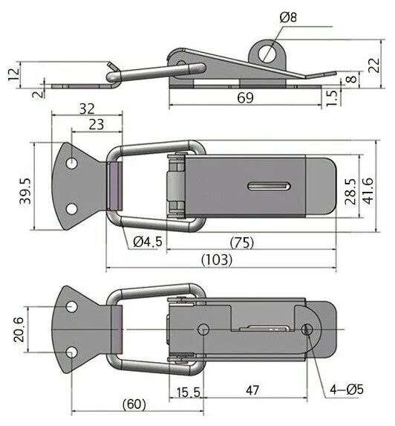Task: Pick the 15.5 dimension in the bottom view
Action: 187,390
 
